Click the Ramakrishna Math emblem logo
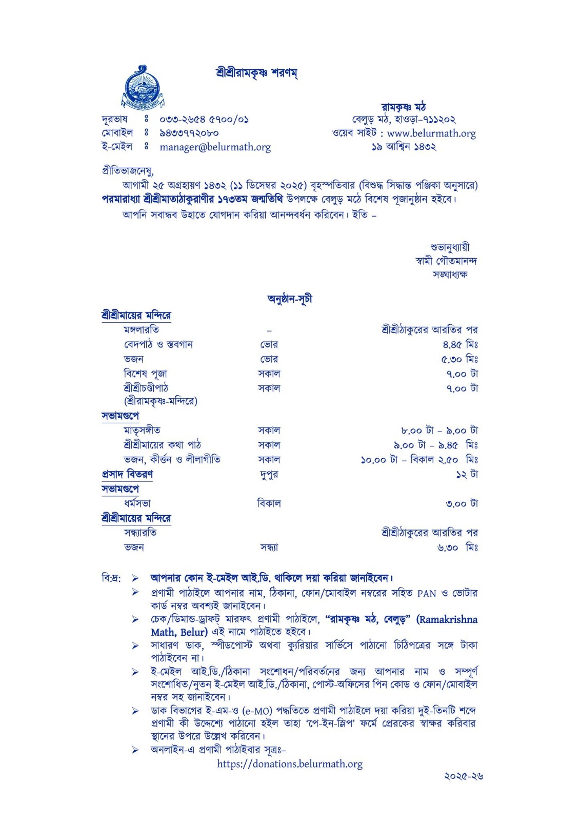click(142, 88)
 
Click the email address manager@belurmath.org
click(215, 147)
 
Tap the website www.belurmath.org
click(431, 133)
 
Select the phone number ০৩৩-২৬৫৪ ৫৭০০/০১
click(204, 120)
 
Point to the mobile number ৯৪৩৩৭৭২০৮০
click(189, 133)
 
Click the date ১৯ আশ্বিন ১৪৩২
click(404, 147)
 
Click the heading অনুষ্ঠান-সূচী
click(290, 299)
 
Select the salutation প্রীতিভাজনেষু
click(128, 171)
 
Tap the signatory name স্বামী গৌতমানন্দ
click(446, 261)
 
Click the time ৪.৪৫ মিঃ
click(460, 344)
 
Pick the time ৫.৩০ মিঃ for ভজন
click(459, 359)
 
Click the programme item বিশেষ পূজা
click(145, 374)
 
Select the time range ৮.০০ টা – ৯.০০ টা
click(439, 431)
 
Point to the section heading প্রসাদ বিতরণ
click(127, 474)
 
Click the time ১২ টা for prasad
click(467, 475)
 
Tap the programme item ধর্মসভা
click(137, 503)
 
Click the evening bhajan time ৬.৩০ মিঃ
click(457, 548)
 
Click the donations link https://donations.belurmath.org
click(290, 764)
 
